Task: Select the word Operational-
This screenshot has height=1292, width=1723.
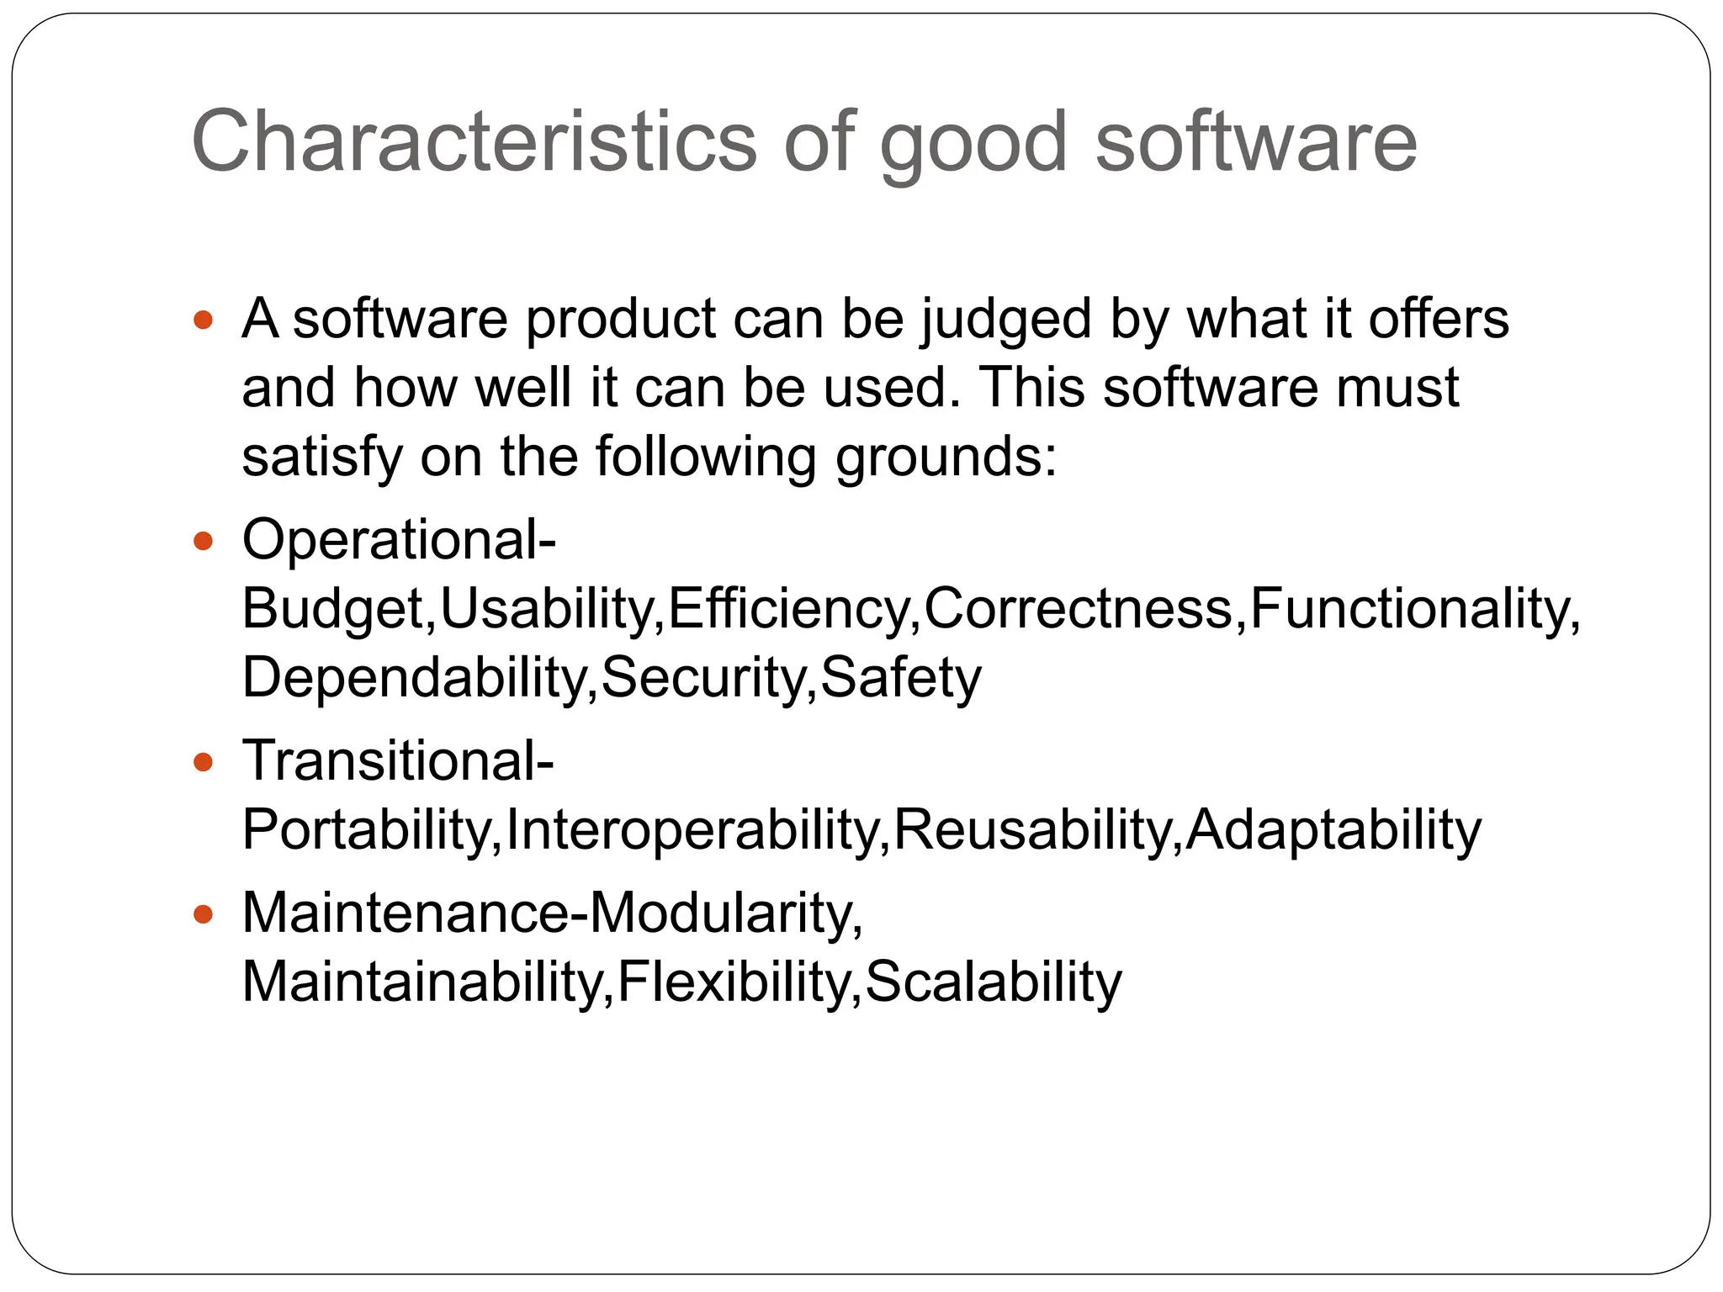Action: click(399, 538)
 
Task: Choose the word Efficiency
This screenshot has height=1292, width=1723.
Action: click(789, 608)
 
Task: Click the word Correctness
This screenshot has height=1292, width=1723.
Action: click(1079, 608)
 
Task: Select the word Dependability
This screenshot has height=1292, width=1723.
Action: click(414, 677)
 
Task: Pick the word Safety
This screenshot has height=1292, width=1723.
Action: click(900, 677)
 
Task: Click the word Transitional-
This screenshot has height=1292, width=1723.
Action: click(398, 760)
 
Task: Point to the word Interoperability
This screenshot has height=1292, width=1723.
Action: click(692, 829)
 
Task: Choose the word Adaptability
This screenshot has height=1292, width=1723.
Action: click(1333, 829)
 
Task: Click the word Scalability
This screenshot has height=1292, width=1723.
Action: click(993, 982)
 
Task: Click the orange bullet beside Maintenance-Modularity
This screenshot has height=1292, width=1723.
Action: click(204, 913)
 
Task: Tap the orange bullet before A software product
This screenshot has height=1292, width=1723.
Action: click(204, 320)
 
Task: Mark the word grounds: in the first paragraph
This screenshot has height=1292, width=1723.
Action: click(945, 458)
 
